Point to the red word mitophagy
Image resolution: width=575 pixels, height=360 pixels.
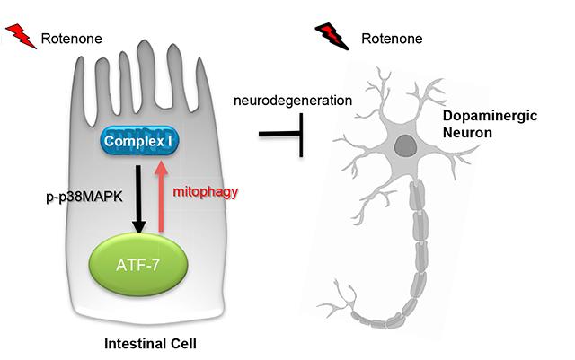point(199,192)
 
